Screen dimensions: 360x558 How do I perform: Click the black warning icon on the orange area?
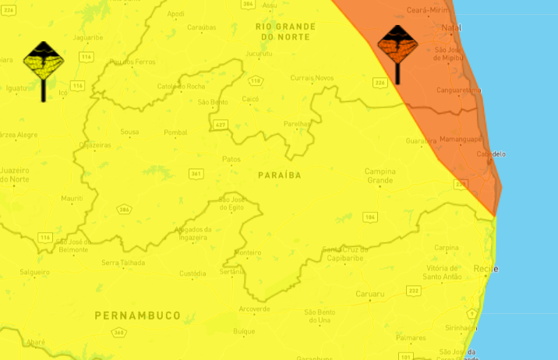(397, 48)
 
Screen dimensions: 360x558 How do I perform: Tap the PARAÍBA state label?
(279, 175)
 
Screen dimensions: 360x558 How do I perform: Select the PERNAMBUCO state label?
(137, 316)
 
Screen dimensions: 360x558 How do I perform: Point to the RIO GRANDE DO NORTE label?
(286, 31)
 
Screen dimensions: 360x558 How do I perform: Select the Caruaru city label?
(371, 294)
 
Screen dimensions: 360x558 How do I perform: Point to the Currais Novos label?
(312, 78)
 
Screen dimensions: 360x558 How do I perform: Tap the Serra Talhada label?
(123, 263)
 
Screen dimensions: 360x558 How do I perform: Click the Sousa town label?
(129, 132)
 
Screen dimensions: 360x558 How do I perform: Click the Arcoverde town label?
(254, 309)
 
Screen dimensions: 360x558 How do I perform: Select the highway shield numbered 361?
(197, 173)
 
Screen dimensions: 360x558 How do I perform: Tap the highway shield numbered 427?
(221, 125)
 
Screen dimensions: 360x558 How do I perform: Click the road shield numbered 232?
(414, 290)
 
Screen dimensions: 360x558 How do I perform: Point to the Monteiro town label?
(248, 252)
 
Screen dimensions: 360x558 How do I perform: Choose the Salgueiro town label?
(35, 274)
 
